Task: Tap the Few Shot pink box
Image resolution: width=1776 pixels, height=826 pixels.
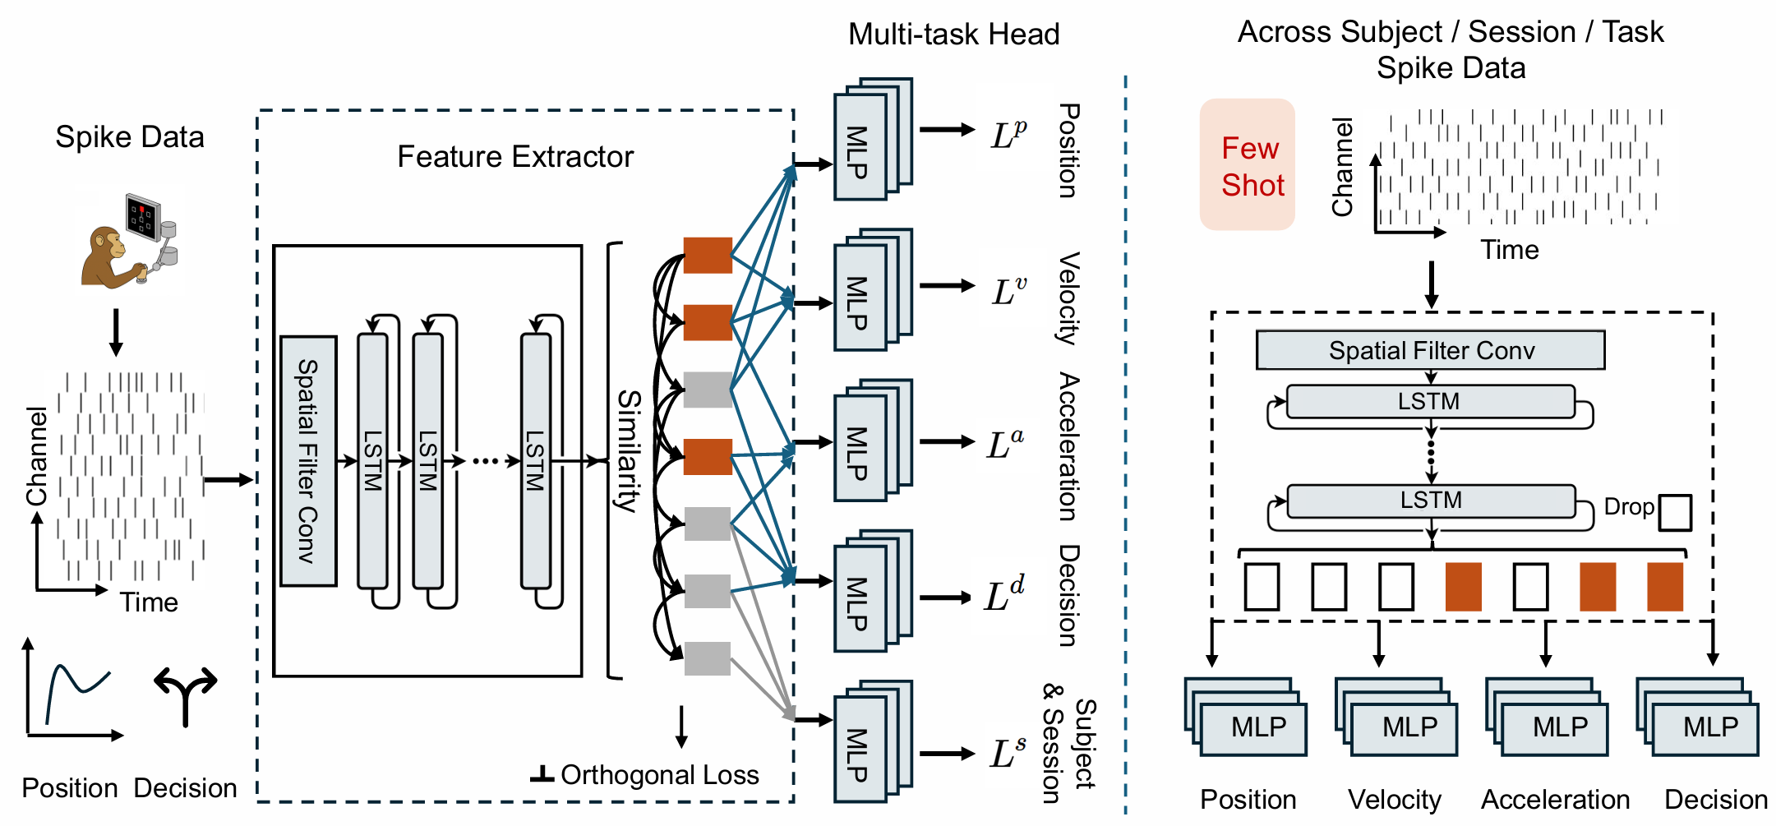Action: click(1248, 165)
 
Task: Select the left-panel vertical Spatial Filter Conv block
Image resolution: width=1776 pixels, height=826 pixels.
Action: click(308, 461)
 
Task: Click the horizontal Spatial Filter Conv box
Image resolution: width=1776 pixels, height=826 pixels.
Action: click(1430, 351)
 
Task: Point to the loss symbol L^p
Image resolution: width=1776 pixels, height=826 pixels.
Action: click(1008, 134)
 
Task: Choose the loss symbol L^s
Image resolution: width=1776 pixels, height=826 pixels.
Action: click(1008, 753)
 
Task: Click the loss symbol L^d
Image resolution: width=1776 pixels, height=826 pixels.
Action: click(1004, 595)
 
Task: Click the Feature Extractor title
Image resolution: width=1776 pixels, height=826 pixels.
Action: click(515, 157)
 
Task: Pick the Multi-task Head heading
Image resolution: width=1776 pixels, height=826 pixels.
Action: click(953, 35)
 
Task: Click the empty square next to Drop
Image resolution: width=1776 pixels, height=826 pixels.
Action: click(1675, 512)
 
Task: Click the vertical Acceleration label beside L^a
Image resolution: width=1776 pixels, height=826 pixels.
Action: click(1068, 446)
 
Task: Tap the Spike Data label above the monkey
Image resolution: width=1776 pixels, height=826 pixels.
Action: click(130, 137)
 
